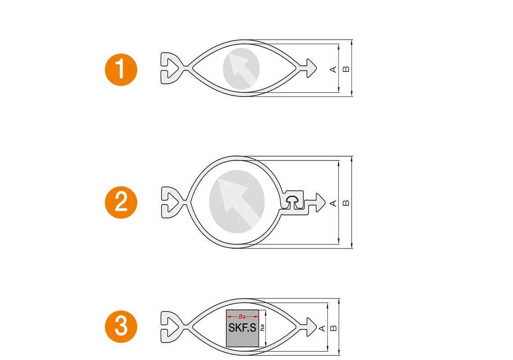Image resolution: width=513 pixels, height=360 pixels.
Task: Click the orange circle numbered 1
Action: pos(121,70)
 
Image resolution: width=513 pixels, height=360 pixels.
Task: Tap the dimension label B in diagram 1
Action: pos(346,69)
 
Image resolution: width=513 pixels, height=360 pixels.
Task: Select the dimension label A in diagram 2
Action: pos(333,203)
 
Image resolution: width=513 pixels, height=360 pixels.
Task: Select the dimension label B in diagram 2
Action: pos(346,203)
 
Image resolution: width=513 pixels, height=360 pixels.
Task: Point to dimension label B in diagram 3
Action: pos(333,328)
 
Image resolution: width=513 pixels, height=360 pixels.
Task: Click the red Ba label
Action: pos(242,317)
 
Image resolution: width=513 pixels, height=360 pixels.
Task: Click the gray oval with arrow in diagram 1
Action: pos(241,68)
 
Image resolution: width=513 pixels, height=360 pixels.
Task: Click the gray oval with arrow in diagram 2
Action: pos(237,201)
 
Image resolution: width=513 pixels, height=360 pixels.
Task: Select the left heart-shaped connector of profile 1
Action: pos(171,68)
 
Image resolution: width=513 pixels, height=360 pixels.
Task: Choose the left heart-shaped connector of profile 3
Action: pos(171,326)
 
